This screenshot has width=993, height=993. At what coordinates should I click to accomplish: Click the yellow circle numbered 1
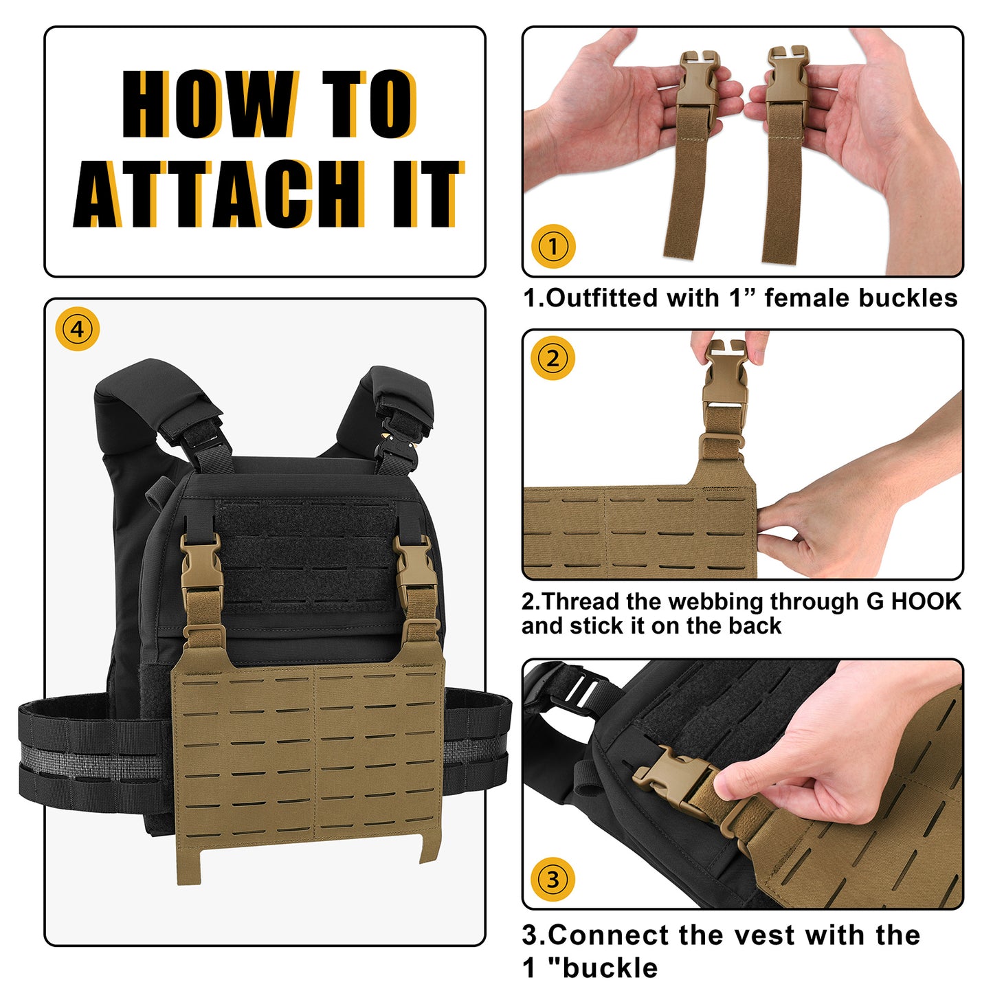[x=553, y=246]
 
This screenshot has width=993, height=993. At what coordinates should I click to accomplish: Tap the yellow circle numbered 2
[x=553, y=358]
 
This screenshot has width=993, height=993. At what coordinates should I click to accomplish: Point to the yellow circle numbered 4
[x=77, y=328]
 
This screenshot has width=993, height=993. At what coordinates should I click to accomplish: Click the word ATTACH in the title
[x=219, y=194]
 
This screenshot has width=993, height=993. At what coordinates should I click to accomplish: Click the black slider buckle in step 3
[x=582, y=691]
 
